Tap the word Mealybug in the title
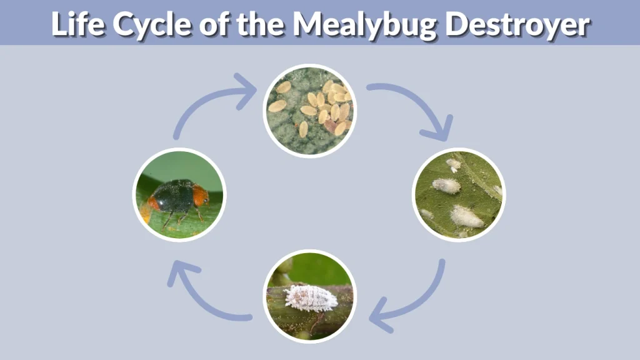(x=362, y=24)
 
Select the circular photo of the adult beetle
(x=179, y=195)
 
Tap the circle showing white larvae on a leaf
(x=459, y=195)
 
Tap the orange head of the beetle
(x=200, y=195)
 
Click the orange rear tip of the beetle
(x=153, y=203)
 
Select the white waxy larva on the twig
(x=311, y=297)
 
